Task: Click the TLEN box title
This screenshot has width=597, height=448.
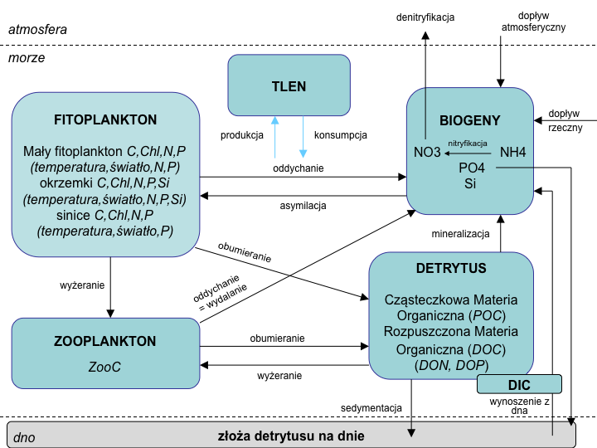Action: (x=289, y=86)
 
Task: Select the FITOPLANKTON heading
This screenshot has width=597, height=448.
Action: (x=105, y=119)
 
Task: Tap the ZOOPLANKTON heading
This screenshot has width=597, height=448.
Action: (x=104, y=341)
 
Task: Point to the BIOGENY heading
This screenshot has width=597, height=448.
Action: (x=470, y=120)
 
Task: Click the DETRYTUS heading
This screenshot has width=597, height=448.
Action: (x=451, y=268)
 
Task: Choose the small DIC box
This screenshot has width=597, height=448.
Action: (x=519, y=384)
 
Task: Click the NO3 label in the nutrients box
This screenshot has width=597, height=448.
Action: (x=427, y=153)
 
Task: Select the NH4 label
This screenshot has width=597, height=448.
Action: (x=513, y=153)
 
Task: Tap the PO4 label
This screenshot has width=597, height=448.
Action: (x=471, y=168)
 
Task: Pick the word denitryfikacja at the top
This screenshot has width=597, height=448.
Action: (x=425, y=17)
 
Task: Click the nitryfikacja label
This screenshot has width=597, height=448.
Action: (x=468, y=144)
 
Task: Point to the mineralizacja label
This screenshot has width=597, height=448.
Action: (x=460, y=233)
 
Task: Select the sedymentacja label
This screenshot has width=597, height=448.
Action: (x=371, y=408)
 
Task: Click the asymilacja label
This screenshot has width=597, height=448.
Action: (x=303, y=206)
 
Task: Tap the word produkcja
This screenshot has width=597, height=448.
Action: (x=242, y=135)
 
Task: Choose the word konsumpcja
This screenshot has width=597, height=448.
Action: (x=341, y=135)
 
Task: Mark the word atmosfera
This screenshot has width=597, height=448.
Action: (x=37, y=29)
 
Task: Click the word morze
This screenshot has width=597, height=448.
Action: (x=27, y=57)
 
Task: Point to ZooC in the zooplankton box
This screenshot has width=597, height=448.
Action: (x=104, y=367)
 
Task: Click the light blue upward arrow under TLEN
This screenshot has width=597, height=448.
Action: (x=275, y=137)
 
